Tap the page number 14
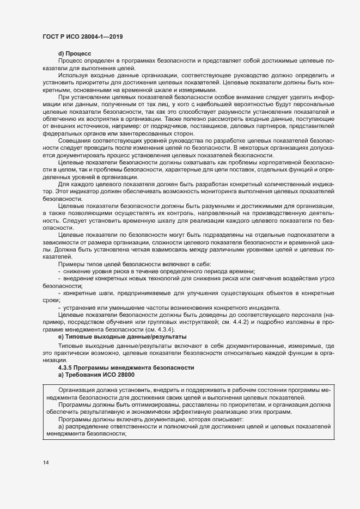click(x=46, y=463)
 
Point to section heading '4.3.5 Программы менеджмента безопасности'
click(x=126, y=368)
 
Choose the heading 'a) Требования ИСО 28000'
click(x=96, y=375)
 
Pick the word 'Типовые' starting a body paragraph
click(x=71, y=346)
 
